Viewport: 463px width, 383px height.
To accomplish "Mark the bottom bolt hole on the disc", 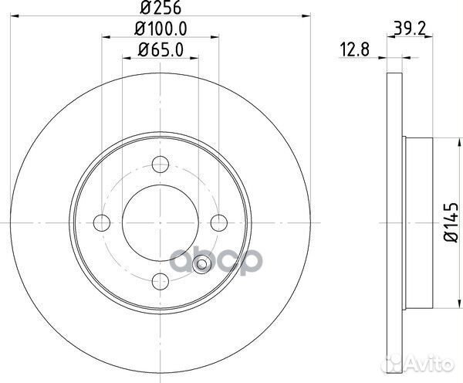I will tap(161, 281).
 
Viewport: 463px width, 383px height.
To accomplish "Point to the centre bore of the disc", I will tap(161, 222).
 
